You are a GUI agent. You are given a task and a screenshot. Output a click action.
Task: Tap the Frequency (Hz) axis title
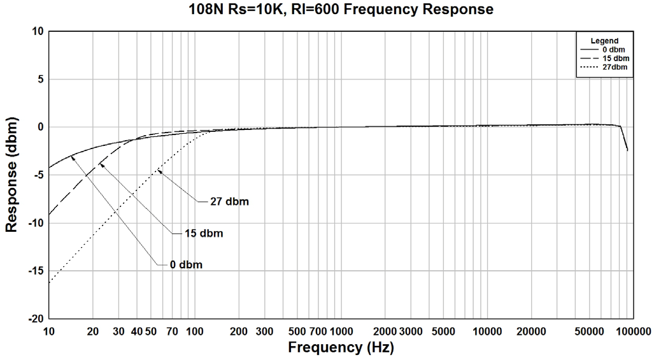click(341, 348)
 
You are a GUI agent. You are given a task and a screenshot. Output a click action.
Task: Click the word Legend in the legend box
click(604, 41)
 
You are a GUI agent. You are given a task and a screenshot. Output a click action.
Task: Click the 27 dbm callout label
click(229, 202)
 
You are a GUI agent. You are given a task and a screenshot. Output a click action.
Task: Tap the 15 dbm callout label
click(203, 233)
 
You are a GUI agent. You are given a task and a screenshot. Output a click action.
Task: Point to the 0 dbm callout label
click(186, 264)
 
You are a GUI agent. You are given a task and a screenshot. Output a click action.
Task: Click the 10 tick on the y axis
click(37, 32)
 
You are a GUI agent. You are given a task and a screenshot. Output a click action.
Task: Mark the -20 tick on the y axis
click(34, 319)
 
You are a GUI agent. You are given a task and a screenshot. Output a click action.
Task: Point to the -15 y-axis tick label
click(34, 271)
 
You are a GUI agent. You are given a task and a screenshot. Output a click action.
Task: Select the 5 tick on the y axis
click(39, 80)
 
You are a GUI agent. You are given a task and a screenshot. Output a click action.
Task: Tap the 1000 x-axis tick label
click(341, 331)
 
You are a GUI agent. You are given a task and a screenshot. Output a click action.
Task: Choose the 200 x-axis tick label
click(239, 331)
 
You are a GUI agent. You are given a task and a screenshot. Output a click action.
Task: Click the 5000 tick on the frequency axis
click(443, 331)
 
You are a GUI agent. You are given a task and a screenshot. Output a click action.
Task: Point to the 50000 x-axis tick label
click(589, 331)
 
